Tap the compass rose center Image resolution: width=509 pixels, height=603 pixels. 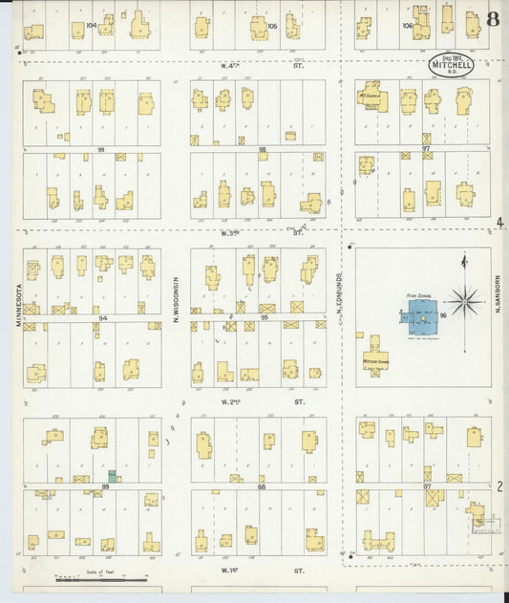coord(465,301)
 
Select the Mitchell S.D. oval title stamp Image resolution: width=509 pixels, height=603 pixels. coord(450,63)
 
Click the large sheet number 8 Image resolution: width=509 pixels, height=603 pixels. coord(492,19)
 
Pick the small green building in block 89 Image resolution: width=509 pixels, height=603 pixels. coord(112,475)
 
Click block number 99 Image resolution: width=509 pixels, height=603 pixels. coord(100,150)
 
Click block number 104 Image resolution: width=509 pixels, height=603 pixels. coord(92,25)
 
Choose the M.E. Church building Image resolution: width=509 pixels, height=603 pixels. coord(371,97)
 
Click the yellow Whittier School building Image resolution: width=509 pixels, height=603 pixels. coord(374,358)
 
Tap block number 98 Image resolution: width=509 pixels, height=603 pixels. coord(262,150)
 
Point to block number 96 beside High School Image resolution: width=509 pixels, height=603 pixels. coord(443,313)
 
